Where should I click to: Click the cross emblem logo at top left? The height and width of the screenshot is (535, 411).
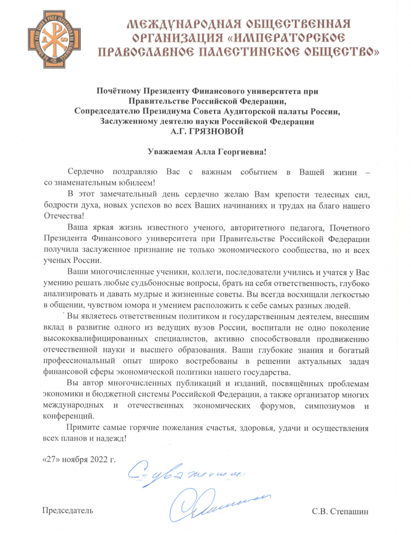pos(50,41)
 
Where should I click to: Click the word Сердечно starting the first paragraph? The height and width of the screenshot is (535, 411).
pos(86,172)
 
